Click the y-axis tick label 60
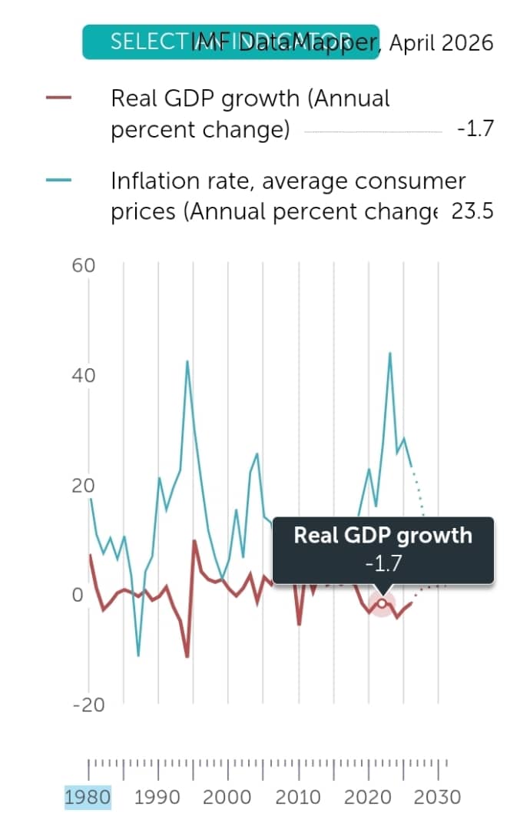click(x=84, y=266)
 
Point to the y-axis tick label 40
click(x=84, y=377)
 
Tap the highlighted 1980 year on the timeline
click(x=88, y=797)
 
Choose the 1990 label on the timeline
click(x=157, y=797)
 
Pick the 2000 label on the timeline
click(x=227, y=797)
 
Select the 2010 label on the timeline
click(x=298, y=797)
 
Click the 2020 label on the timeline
click(x=368, y=797)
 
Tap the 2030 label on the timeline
click(x=438, y=797)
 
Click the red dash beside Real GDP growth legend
click(x=59, y=98)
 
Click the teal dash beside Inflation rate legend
click(x=59, y=181)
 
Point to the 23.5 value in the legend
click(x=472, y=211)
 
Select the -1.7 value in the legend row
click(x=474, y=130)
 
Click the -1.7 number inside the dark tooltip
click(x=383, y=565)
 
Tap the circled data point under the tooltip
click(x=382, y=603)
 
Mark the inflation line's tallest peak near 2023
click(x=390, y=353)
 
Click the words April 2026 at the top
click(x=442, y=42)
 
